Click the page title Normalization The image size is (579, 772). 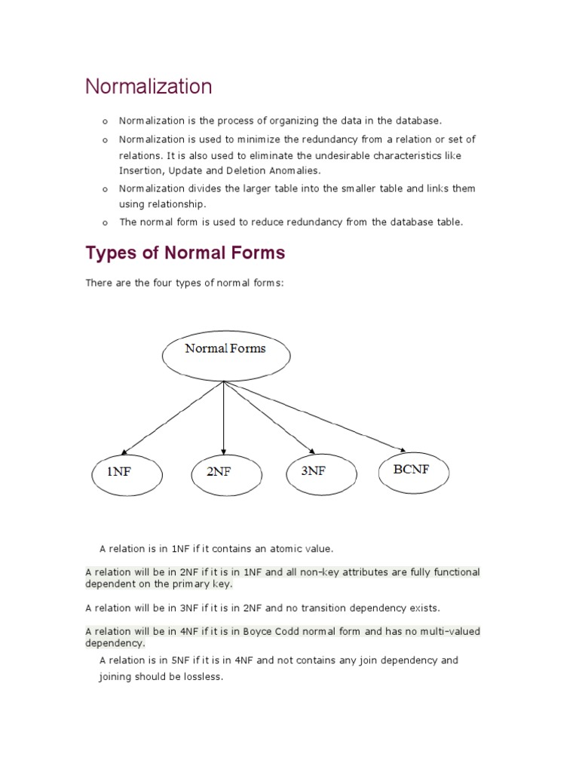[x=149, y=87]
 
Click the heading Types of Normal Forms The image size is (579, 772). [x=185, y=253]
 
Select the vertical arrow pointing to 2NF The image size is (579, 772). [x=224, y=415]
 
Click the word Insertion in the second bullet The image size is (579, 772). [x=139, y=171]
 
